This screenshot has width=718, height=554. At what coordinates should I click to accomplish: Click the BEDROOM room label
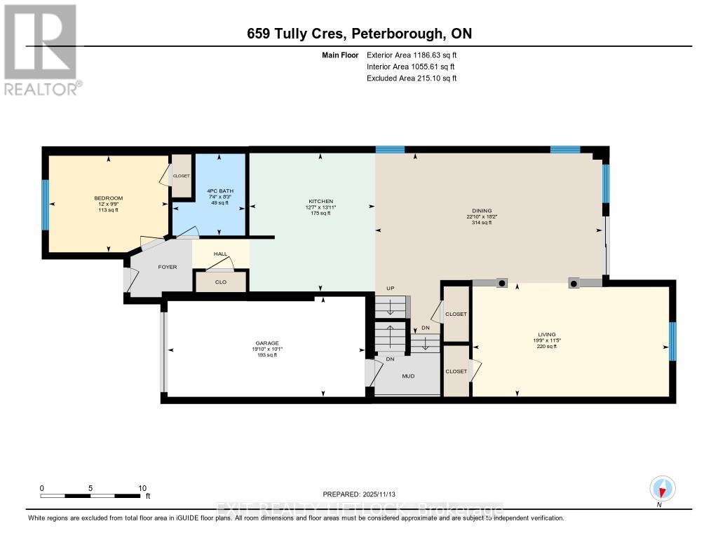[108, 198]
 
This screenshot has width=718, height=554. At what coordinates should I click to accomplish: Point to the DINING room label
[482, 211]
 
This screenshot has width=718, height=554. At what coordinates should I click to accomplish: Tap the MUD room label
[407, 376]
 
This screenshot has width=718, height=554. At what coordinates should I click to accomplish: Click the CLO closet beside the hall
[221, 282]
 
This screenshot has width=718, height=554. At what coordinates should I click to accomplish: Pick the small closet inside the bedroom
[182, 176]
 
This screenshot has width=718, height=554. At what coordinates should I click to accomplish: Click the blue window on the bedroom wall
[46, 205]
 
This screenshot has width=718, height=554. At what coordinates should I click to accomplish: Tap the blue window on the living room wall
[672, 340]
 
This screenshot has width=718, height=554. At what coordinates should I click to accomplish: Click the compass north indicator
[662, 488]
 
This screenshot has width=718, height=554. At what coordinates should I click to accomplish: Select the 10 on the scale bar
[142, 488]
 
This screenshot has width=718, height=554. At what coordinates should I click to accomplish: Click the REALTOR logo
[41, 49]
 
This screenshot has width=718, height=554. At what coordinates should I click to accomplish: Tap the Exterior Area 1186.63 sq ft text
[412, 55]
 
